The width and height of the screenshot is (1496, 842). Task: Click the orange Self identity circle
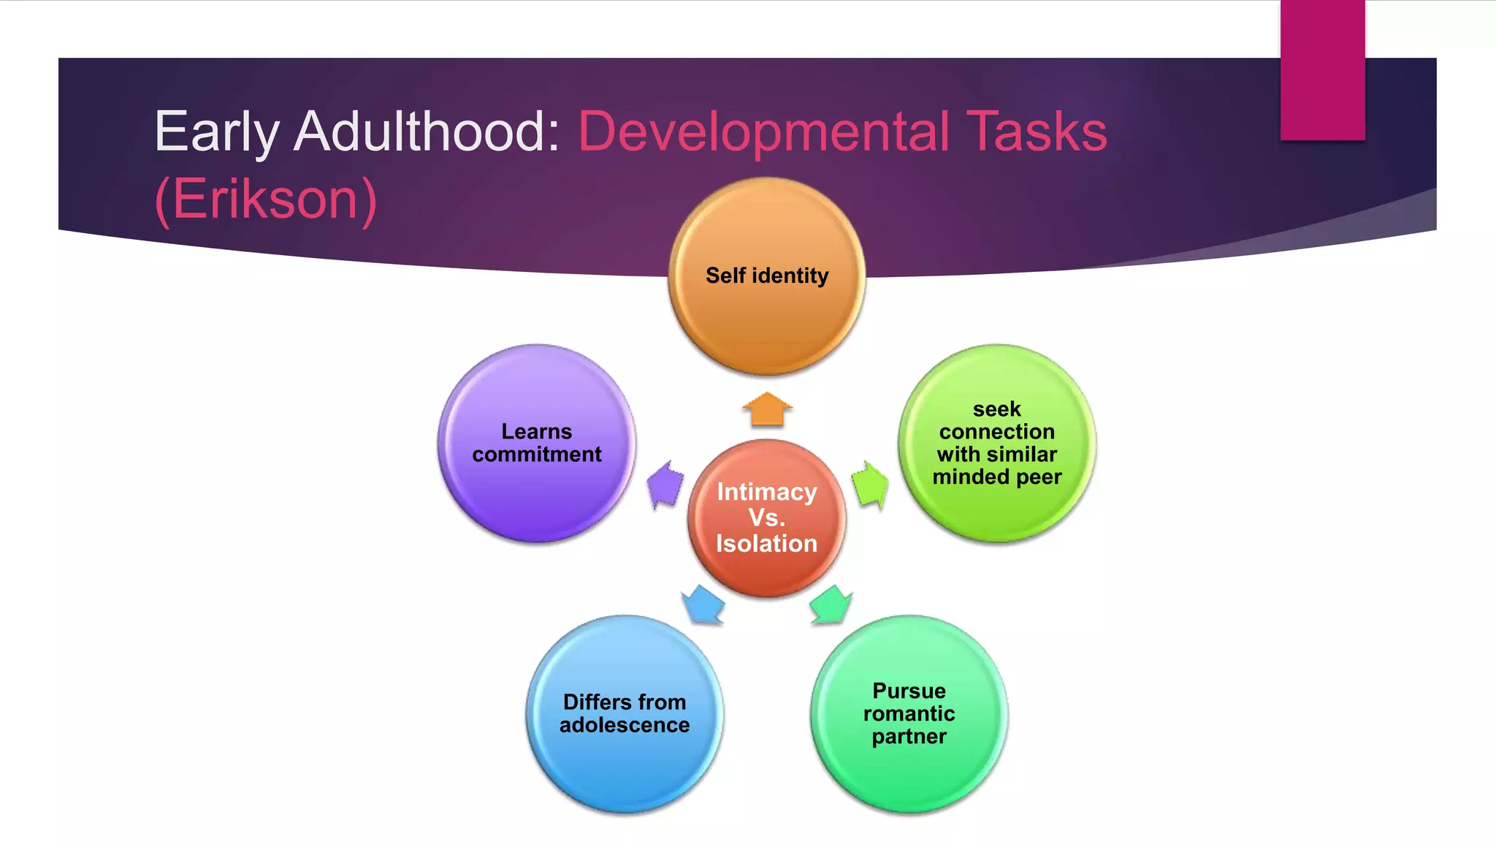pyautogui.click(x=767, y=276)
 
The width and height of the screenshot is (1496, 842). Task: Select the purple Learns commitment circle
pyautogui.click(x=537, y=444)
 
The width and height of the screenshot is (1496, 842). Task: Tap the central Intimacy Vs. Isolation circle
pyautogui.click(x=767, y=517)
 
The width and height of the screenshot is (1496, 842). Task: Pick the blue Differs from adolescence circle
pyautogui.click(x=625, y=714)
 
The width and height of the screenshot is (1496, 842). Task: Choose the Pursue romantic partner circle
pyautogui.click(x=909, y=714)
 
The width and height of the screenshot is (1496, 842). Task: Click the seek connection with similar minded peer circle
pyautogui.click(x=997, y=444)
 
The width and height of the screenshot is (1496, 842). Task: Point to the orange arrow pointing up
pyautogui.click(x=767, y=409)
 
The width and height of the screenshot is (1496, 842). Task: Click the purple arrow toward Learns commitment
pyautogui.click(x=665, y=485)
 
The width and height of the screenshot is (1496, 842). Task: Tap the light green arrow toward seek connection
pyautogui.click(x=869, y=485)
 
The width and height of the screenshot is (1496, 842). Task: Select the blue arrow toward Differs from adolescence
pyautogui.click(x=703, y=604)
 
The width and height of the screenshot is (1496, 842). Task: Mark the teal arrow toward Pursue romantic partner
pyautogui.click(x=831, y=604)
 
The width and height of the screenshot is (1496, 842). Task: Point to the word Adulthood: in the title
pyautogui.click(x=427, y=132)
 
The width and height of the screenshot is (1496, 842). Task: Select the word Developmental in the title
pyautogui.click(x=763, y=132)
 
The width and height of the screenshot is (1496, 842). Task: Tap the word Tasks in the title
pyautogui.click(x=1037, y=132)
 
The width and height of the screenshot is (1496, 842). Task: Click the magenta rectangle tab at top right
pyautogui.click(x=1322, y=69)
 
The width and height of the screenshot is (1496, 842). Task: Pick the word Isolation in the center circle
pyautogui.click(x=767, y=544)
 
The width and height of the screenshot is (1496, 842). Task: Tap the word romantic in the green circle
pyautogui.click(x=909, y=713)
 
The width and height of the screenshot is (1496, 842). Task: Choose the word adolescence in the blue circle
pyautogui.click(x=625, y=725)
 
